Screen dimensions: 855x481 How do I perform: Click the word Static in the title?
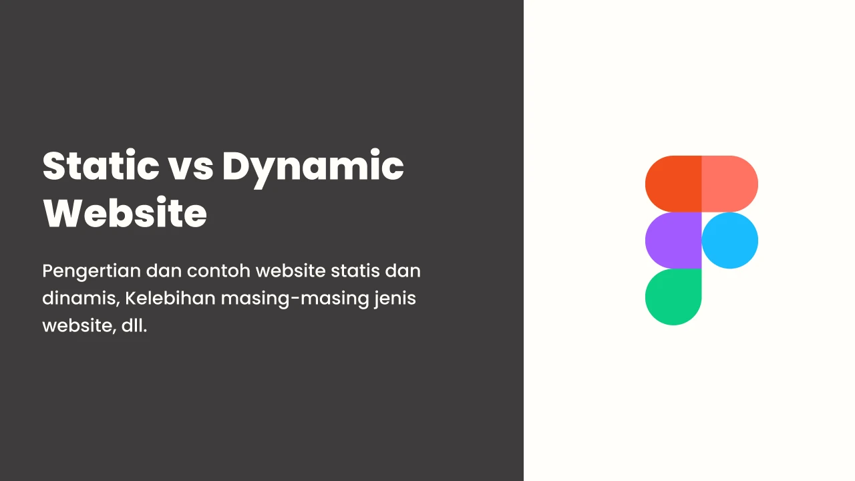tap(101, 166)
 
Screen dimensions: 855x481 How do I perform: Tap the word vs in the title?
tap(191, 169)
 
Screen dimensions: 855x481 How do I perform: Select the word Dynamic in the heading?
tap(313, 168)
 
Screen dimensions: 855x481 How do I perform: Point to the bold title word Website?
tap(125, 212)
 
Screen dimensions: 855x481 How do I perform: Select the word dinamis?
tap(81, 299)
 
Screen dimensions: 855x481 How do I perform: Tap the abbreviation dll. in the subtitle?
tap(134, 325)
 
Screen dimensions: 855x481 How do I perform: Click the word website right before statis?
tap(291, 271)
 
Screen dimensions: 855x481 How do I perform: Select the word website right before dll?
tap(79, 327)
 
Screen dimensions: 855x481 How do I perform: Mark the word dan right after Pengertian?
tap(164, 271)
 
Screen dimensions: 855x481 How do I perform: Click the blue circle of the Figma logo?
tap(730, 240)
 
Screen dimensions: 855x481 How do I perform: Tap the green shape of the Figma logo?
tap(673, 297)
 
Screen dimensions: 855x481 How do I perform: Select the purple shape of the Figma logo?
tap(673, 240)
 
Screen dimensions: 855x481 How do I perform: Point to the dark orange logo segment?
tap(673, 184)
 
